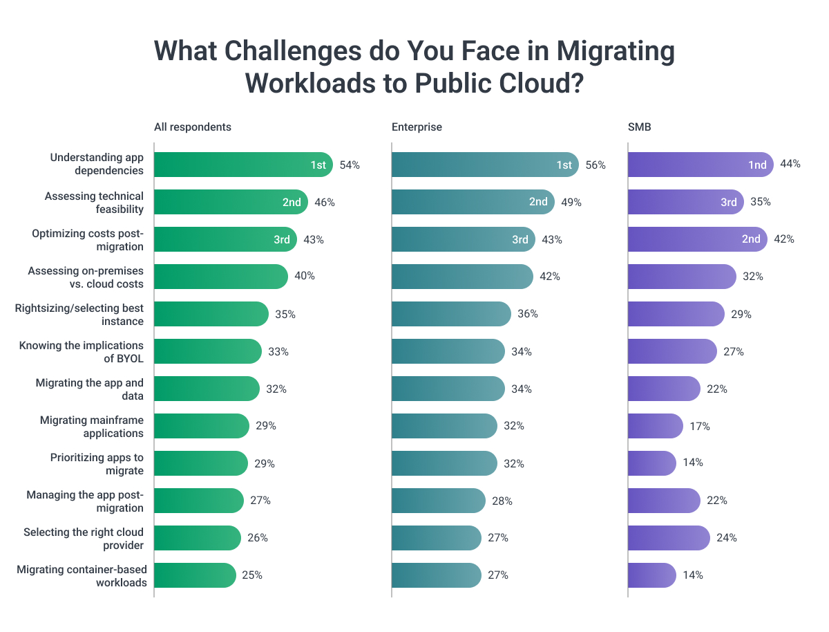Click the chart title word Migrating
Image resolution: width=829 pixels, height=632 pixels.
tap(616, 52)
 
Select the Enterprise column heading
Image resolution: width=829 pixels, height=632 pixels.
tap(417, 127)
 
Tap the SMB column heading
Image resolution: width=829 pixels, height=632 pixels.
tap(640, 127)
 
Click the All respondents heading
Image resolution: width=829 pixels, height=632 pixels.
tap(192, 127)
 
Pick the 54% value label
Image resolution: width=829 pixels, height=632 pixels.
tap(350, 165)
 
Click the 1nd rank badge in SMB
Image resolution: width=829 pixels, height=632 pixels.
tap(757, 165)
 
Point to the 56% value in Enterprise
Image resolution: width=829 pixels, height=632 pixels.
tap(595, 165)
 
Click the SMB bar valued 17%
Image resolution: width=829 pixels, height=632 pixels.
tap(654, 426)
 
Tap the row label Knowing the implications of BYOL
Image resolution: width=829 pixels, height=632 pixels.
tap(82, 351)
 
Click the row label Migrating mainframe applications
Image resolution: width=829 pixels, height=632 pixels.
tap(91, 426)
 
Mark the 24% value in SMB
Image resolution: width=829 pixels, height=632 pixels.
tap(727, 538)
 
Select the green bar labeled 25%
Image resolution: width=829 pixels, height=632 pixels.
tap(195, 575)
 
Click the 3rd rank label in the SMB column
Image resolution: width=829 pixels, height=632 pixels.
tap(729, 202)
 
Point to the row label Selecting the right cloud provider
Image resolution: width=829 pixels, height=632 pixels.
tap(84, 538)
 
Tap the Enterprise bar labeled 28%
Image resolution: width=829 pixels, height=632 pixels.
tap(438, 501)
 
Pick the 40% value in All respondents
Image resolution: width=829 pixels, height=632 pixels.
tap(305, 276)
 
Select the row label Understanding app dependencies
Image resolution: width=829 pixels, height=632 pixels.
tap(97, 164)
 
